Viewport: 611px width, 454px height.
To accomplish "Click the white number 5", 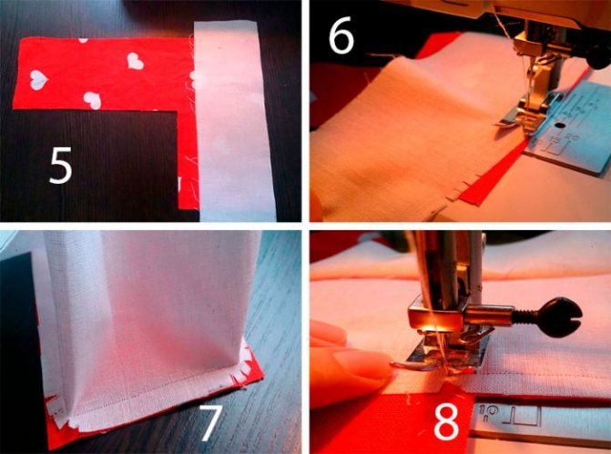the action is pyautogui.click(x=61, y=166).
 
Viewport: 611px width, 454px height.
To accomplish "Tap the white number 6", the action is pyautogui.click(x=341, y=35).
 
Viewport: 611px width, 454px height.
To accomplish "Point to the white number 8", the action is pyautogui.click(x=446, y=421).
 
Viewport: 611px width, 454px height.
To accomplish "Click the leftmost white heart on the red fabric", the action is pyautogui.click(x=38, y=80).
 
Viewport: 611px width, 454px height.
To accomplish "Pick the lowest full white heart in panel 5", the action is pyautogui.click(x=93, y=100).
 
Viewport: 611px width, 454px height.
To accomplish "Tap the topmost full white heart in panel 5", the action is pyautogui.click(x=135, y=61).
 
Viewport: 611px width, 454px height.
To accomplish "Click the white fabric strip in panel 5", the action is pyautogui.click(x=233, y=121).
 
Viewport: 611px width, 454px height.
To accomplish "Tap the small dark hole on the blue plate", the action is pyautogui.click(x=560, y=126).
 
